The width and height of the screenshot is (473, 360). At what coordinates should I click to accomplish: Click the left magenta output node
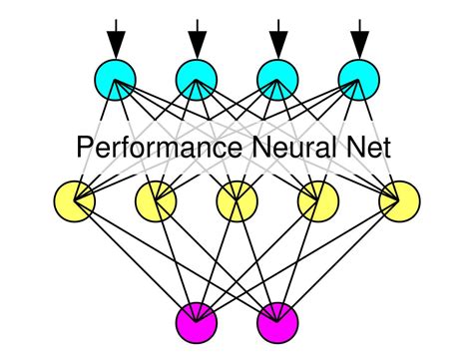[197, 323]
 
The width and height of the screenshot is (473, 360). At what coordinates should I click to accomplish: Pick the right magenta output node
[277, 323]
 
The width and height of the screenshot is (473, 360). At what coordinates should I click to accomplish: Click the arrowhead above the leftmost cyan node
[116, 44]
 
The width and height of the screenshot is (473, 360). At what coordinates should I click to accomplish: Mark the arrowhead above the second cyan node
[197, 44]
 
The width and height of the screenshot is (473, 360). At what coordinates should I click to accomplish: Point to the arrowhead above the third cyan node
[277, 44]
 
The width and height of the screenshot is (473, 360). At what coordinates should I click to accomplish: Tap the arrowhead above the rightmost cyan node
[358, 44]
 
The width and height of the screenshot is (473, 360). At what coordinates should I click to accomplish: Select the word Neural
[293, 149]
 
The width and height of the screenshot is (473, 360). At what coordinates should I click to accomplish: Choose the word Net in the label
[370, 149]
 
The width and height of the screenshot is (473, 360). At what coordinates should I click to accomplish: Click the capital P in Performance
[86, 149]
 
